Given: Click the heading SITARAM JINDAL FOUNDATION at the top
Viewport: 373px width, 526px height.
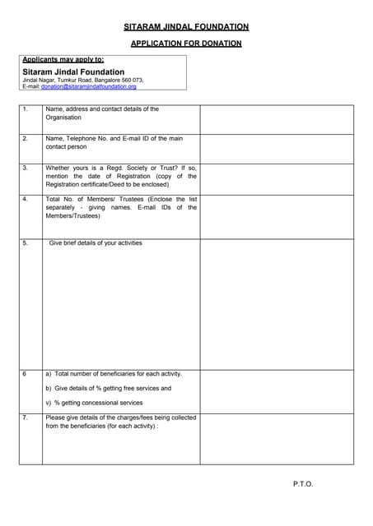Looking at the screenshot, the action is pos(186,27).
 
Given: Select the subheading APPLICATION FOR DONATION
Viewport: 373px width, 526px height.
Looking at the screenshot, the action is pos(186,44).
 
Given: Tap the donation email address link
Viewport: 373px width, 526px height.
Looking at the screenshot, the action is pos(89,86).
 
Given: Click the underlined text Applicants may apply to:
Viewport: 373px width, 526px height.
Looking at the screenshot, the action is pos(63,60).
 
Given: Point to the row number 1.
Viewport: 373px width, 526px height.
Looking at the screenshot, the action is pos(25,109).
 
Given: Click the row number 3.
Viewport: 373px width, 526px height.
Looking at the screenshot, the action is pos(25,168).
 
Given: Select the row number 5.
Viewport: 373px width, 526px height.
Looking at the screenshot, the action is pos(25,243).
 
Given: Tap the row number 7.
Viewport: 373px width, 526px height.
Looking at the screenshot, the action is pos(25,418).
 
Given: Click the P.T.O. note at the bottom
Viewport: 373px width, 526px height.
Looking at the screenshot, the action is pos(303,484).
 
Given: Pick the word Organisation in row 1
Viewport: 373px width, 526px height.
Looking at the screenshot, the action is pos(63,118).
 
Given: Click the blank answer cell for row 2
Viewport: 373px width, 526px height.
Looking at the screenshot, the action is pos(277,149).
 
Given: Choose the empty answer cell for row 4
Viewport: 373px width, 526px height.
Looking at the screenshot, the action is pos(277,215).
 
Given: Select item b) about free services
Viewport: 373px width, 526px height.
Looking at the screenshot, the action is pos(108,388).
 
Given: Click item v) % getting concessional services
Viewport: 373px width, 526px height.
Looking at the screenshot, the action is pos(94,403).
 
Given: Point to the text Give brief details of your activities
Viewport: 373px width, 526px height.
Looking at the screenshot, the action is pos(96,243).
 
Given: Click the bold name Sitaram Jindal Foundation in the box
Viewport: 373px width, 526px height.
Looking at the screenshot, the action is pos(74,72).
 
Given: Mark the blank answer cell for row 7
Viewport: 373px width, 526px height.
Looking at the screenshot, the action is pos(277,438).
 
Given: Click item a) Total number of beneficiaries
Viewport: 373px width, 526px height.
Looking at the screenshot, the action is pos(114,374).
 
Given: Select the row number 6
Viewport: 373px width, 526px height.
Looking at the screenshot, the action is pos(25,374).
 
